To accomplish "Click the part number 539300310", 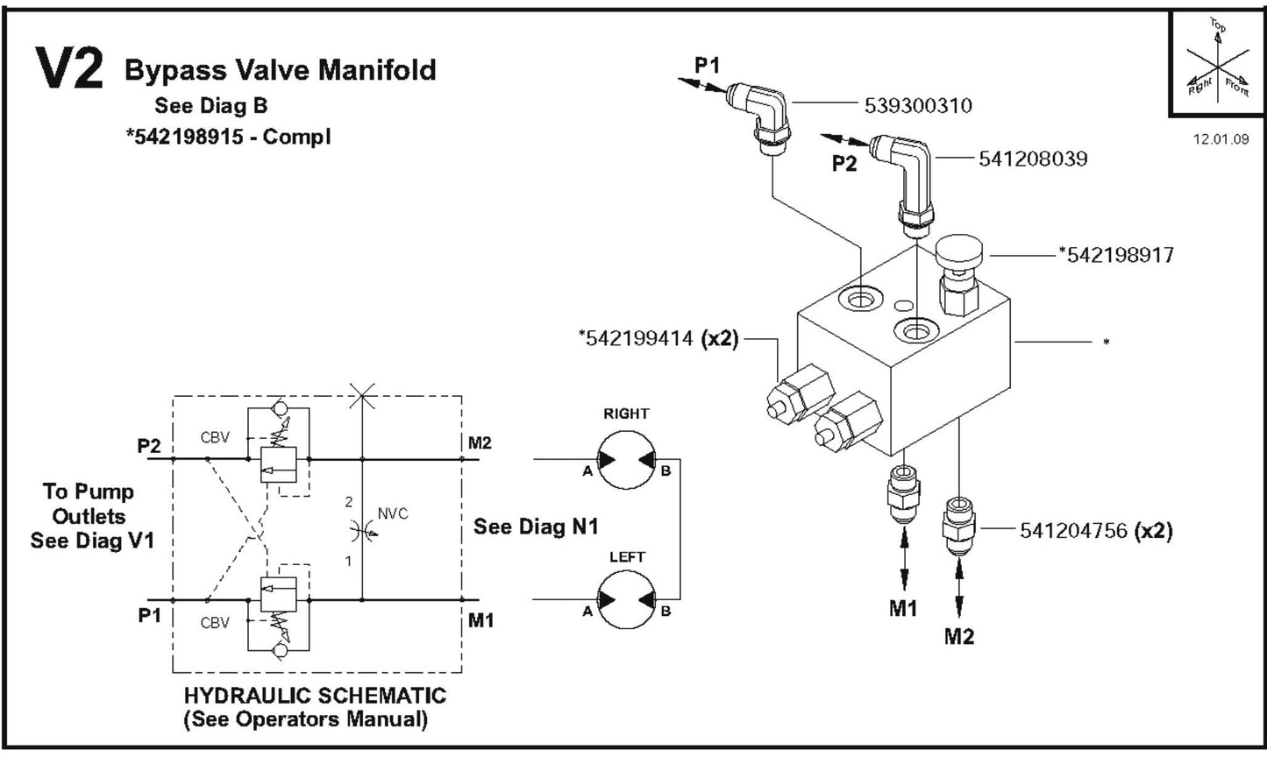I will click(x=917, y=106).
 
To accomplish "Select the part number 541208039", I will click(x=1032, y=159).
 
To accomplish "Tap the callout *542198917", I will click(x=1115, y=255).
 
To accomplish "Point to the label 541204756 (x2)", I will click(x=1095, y=530).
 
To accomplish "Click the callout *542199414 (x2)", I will click(x=658, y=338).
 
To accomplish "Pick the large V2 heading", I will click(x=69, y=69).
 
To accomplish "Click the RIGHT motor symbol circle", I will click(x=626, y=460).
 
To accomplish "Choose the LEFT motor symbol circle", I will click(x=626, y=600).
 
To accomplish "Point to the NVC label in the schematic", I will click(x=392, y=513).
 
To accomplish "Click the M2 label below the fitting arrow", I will click(x=958, y=637).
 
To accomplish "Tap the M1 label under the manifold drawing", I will click(x=902, y=608).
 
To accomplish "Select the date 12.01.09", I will click(x=1221, y=139).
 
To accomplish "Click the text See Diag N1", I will click(x=535, y=527).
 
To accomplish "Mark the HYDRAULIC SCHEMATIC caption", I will click(x=314, y=696).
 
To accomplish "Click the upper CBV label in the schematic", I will click(x=215, y=437).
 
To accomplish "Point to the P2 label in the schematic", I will click(x=149, y=446).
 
